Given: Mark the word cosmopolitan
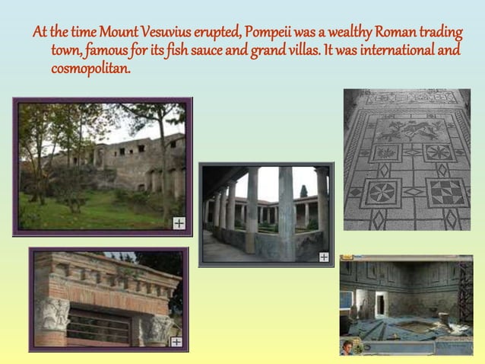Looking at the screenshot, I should pos(90,69).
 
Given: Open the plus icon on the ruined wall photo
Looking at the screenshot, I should pos(179,223).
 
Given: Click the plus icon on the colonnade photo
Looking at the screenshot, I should pos(324,257).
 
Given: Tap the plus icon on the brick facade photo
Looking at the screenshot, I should pos(176,342).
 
